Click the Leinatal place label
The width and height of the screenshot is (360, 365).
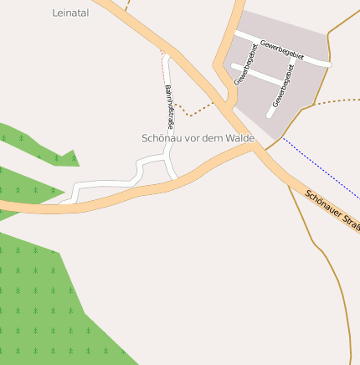[69, 13]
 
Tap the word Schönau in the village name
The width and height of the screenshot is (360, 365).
[162, 137]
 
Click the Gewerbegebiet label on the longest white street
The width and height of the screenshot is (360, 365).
[281, 49]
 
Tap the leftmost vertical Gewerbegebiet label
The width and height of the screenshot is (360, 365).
[244, 64]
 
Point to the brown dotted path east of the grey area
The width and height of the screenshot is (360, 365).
[335, 101]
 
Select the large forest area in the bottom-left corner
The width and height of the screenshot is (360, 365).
[42, 301]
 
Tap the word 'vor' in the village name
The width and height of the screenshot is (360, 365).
[191, 137]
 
